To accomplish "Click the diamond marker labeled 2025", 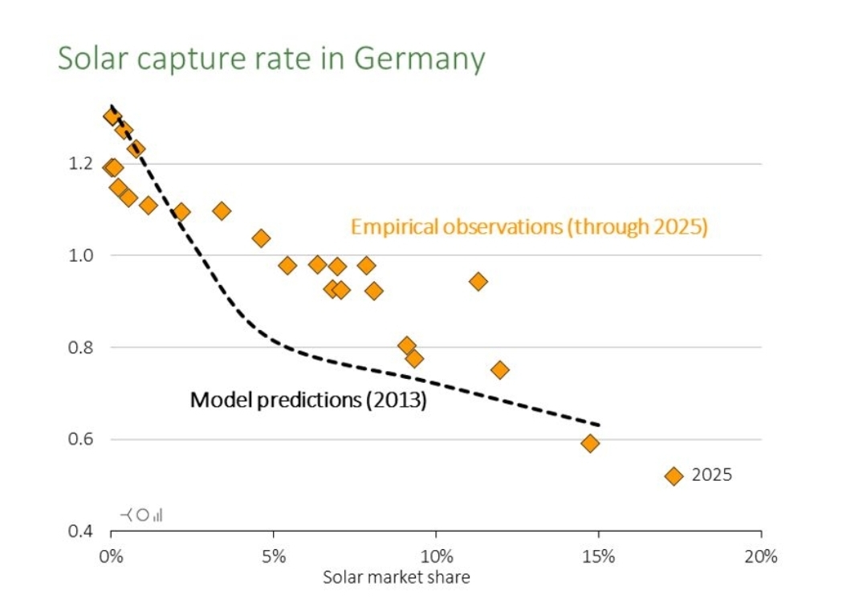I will pos(674,475).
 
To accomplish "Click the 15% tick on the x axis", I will pos(599,556).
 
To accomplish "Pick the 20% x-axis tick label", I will pos(761,556).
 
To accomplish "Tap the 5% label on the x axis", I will pos(274,556).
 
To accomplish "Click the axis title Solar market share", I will pos(396,576).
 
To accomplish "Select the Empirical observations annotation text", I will pos(529,227).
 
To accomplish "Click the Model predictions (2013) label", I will pos(307,399).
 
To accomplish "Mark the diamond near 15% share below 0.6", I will pos(590,443).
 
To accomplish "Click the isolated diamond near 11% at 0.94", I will pos(478,281).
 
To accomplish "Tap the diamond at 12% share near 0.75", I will pos(500,370).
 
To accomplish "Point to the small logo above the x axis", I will pos(141,515).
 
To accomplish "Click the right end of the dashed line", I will pos(599,425).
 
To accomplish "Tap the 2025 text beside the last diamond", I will pos(712,475).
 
